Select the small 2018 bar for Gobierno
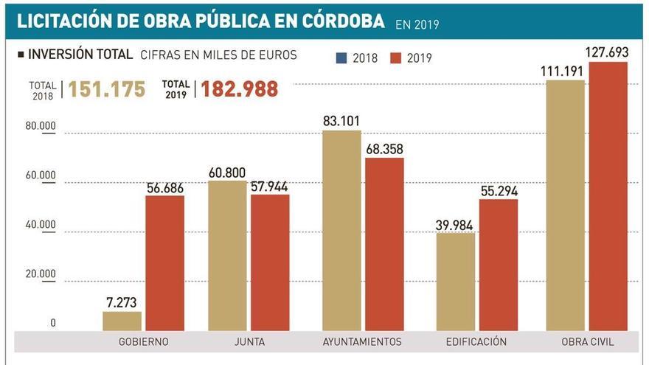tap(122, 321)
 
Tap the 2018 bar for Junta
tap(227, 255)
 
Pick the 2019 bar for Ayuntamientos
tap(384, 244)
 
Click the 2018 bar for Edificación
tap(455, 282)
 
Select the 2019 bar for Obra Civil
tap(608, 196)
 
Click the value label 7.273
tap(122, 302)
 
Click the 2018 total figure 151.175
tap(106, 89)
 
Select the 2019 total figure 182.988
tap(239, 89)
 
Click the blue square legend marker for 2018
tap(341, 58)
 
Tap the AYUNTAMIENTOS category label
tap(362, 341)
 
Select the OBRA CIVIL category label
tap(587, 341)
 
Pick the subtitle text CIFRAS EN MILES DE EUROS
tap(218, 55)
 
